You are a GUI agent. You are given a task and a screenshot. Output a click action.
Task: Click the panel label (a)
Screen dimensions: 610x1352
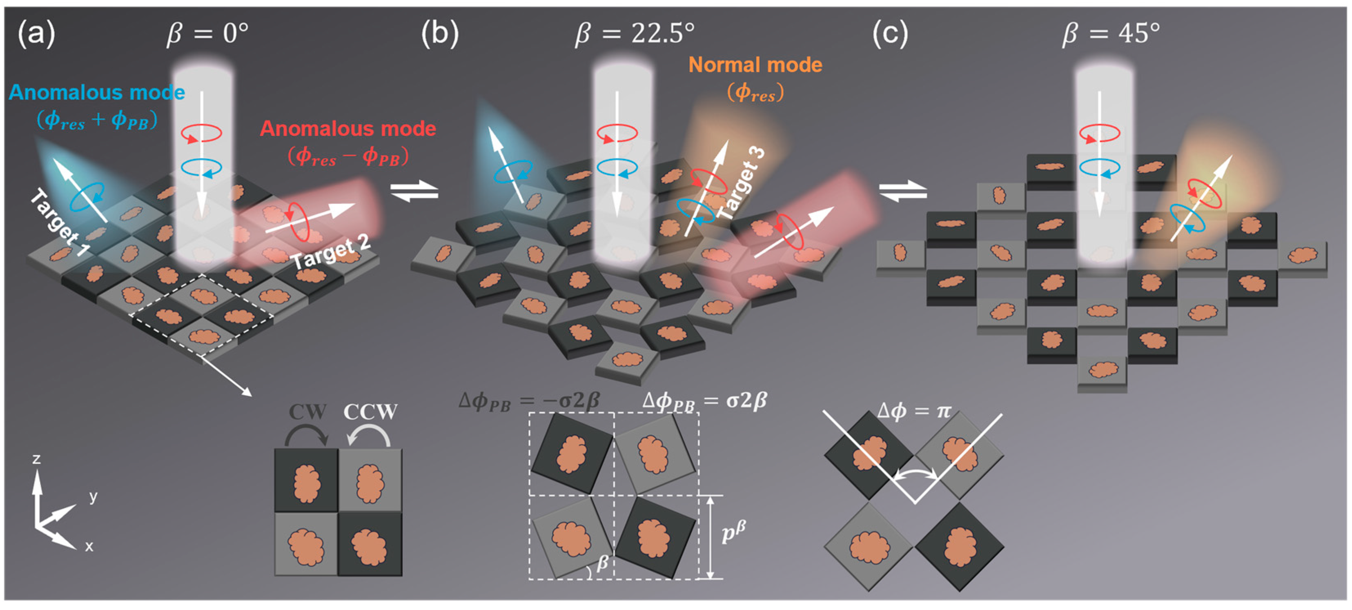[36, 35]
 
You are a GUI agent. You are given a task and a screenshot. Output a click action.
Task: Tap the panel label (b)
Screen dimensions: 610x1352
[440, 35]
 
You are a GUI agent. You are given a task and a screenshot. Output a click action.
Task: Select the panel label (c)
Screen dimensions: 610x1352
[890, 35]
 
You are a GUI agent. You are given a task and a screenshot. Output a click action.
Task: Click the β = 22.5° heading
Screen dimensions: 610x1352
[635, 34]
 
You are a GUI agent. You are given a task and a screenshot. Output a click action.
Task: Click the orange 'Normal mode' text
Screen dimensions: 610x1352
[755, 65]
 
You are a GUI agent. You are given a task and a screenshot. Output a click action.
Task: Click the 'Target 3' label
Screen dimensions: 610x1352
[741, 184]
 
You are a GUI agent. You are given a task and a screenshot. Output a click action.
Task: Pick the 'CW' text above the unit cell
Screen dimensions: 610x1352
[307, 412]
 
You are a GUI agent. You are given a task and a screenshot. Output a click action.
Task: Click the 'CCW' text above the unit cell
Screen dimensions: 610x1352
[370, 412]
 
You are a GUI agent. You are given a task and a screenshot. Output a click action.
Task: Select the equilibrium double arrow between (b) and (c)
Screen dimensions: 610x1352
[903, 191]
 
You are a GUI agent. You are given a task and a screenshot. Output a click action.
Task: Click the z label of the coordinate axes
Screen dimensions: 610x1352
[36, 459]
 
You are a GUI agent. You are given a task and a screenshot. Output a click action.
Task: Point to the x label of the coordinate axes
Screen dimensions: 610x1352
[89, 546]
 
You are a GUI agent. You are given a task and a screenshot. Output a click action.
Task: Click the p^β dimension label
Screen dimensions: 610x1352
[733, 533]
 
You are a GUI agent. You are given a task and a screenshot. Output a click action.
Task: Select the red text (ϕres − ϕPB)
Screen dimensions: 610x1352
[347, 156]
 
